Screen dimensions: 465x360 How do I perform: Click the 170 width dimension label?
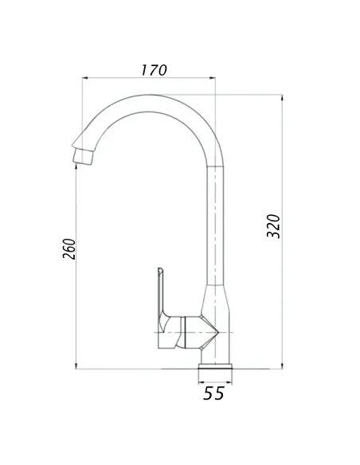click(x=153, y=69)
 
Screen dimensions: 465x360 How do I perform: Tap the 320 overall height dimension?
click(x=273, y=228)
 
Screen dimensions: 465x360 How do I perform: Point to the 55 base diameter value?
click(x=213, y=393)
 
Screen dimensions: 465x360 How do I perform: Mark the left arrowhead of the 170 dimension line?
click(x=85, y=78)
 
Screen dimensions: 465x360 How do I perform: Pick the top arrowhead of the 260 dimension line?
click(x=76, y=162)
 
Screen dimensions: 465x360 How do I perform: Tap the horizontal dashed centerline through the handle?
click(x=191, y=330)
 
